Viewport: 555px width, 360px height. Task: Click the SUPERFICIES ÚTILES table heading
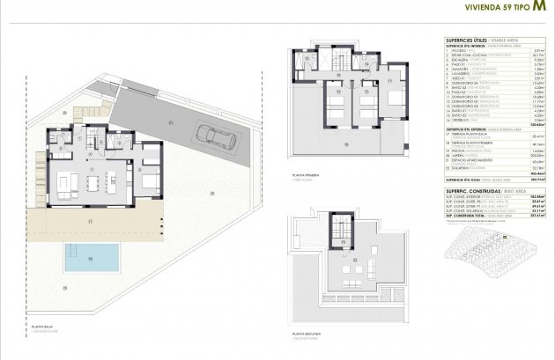pyautogui.click(x=470, y=41)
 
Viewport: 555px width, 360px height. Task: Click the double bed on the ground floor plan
pyautogui.click(x=150, y=183)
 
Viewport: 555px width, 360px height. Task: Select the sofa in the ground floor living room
pyautogui.click(x=68, y=184)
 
